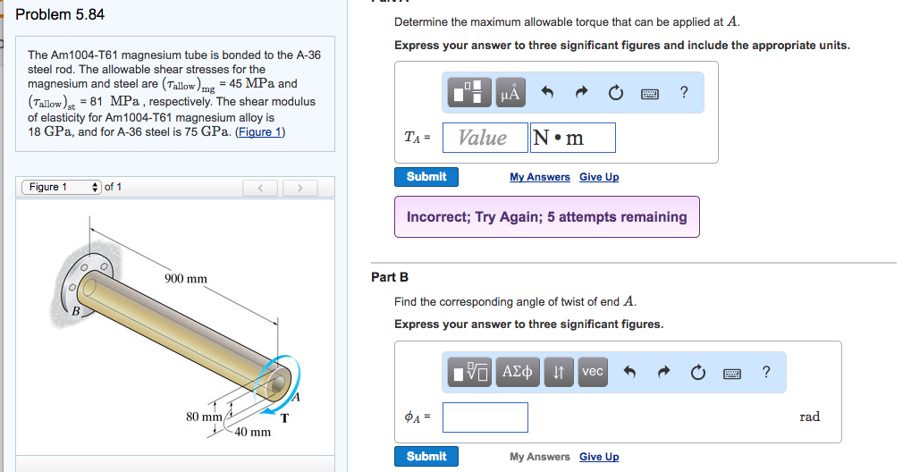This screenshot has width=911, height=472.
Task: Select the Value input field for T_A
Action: [483, 138]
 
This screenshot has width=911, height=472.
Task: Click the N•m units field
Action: [572, 138]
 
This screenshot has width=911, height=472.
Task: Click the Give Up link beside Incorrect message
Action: [598, 177]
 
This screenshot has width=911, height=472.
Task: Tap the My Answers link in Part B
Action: [539, 457]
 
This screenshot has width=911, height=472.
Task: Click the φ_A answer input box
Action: [485, 417]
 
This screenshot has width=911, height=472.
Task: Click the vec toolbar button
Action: [592, 372]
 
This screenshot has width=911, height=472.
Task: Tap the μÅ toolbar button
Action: [511, 92]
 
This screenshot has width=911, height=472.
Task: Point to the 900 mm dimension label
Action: [186, 279]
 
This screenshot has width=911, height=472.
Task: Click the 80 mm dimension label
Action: [204, 417]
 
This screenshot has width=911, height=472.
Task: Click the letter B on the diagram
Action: [76, 312]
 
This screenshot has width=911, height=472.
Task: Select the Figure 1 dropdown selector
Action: [61, 187]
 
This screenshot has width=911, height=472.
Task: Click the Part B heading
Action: [390, 277]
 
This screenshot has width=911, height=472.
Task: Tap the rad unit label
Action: [809, 417]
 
